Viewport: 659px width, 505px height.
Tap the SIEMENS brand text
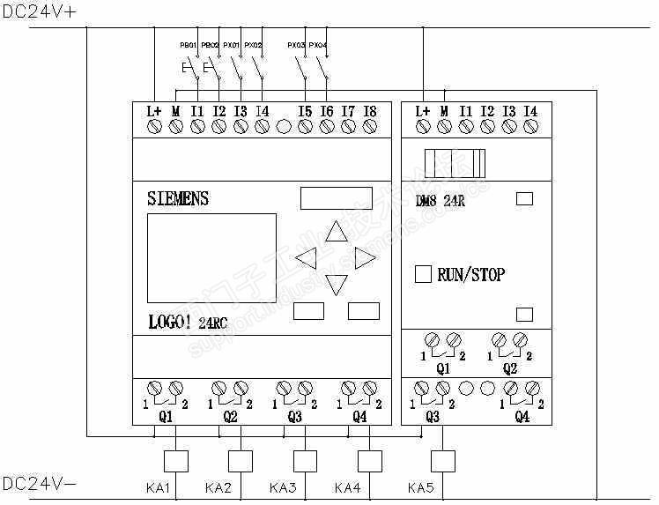[178, 198]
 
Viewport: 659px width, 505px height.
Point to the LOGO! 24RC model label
[187, 323]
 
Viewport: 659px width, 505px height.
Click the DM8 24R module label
[441, 199]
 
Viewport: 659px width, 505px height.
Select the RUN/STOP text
[470, 275]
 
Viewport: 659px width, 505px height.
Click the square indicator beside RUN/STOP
[423, 274]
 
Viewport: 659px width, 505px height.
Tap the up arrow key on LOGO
[337, 232]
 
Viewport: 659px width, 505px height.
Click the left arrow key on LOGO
[306, 258]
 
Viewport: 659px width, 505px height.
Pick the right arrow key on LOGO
[366, 258]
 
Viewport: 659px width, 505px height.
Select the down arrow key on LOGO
[337, 285]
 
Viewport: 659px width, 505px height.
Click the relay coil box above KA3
[305, 461]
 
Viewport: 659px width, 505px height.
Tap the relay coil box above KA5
[442, 461]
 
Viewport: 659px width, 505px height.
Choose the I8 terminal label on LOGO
[369, 111]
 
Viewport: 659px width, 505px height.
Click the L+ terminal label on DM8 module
[422, 111]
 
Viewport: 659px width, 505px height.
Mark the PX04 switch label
[319, 44]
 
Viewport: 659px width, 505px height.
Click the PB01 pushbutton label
[188, 44]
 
